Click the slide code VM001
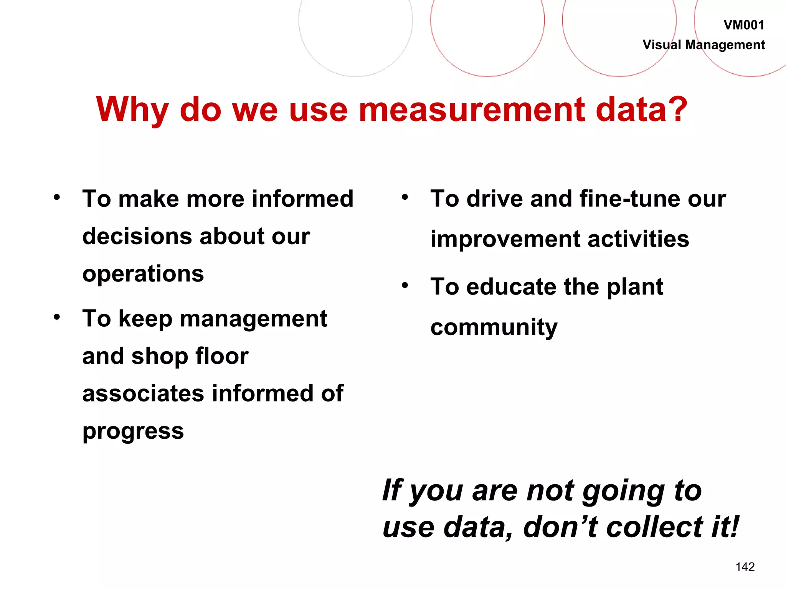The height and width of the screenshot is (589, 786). pyautogui.click(x=743, y=25)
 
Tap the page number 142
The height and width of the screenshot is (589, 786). pyautogui.click(x=745, y=567)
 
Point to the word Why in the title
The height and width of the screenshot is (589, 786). pyautogui.click(x=132, y=110)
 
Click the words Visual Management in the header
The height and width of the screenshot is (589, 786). pyautogui.click(x=703, y=45)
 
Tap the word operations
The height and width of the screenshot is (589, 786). pyautogui.click(x=143, y=275)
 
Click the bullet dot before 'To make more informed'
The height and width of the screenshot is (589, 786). pyautogui.click(x=57, y=198)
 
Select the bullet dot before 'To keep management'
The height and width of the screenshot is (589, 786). pyautogui.click(x=57, y=317)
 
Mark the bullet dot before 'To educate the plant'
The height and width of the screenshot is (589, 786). pyautogui.click(x=405, y=286)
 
